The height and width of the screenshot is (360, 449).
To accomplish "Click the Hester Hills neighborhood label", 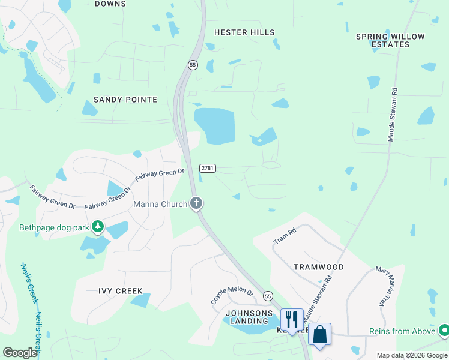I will (x=244, y=32).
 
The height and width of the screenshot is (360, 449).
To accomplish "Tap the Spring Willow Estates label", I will (x=390, y=40).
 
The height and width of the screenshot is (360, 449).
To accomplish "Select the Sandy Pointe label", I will (x=125, y=100).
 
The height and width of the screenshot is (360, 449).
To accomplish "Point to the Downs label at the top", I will (x=110, y=4).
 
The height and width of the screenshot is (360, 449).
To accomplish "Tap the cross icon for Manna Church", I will (x=196, y=203).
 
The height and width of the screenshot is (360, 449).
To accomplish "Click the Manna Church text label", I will (x=160, y=204).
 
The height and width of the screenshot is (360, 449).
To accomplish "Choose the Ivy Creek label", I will (x=121, y=291).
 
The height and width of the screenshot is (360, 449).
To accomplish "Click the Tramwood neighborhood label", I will (x=319, y=266).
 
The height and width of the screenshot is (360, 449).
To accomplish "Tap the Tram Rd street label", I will (x=285, y=236).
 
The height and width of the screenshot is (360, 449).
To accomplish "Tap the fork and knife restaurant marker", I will (x=292, y=319).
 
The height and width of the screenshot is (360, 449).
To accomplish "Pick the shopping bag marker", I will (x=319, y=334).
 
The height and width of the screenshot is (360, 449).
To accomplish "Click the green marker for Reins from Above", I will (x=444, y=329).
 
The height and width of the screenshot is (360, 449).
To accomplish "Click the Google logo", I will (x=20, y=353).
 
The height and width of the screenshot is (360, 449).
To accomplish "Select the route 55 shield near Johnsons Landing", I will (x=268, y=296).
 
